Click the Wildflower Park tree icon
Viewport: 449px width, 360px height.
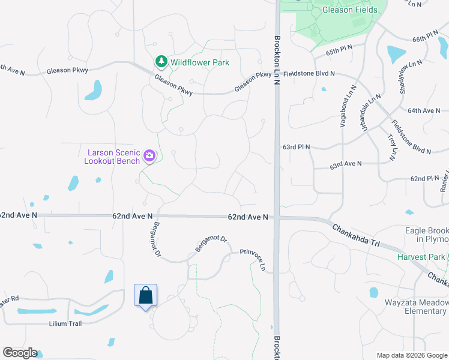(161, 62)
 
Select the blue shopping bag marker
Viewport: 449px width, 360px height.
(145, 295)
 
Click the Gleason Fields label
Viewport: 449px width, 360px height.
(350, 10)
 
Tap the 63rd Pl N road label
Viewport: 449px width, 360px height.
(295, 146)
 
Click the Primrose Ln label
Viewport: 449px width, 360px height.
(253, 259)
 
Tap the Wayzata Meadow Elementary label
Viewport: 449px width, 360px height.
(417, 307)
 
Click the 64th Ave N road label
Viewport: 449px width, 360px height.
(424, 110)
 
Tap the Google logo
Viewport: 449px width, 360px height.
(20, 353)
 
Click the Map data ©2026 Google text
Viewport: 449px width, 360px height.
(411, 355)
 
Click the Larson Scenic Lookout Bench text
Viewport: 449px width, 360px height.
(112, 157)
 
